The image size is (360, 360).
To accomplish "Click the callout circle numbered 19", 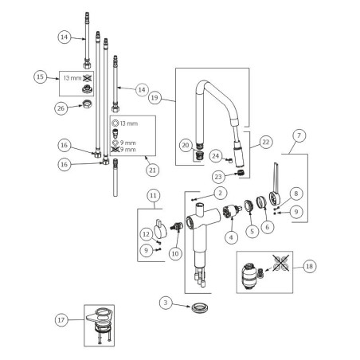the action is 155,98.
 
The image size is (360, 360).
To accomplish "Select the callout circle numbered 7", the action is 299,135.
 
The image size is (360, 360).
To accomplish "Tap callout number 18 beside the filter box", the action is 310,266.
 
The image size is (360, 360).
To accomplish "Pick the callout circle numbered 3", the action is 166,303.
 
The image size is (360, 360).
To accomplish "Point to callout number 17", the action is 61,320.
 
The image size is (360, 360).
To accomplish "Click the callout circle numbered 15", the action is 40,77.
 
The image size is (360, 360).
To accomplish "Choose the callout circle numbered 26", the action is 61,108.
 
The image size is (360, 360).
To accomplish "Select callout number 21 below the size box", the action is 152,170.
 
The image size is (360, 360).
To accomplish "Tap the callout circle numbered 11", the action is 153,196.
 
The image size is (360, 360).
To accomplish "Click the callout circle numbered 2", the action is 220,193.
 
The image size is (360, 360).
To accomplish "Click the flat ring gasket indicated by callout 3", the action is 199,307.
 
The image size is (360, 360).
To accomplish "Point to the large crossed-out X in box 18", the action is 281,263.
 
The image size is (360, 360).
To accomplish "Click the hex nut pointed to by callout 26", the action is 87,104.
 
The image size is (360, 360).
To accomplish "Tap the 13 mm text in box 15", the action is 72,78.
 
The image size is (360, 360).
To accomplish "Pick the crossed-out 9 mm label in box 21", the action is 123,149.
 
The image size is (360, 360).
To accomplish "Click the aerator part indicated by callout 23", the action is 241,173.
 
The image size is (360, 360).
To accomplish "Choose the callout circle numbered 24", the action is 216,156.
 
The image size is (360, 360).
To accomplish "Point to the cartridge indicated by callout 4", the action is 232,212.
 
